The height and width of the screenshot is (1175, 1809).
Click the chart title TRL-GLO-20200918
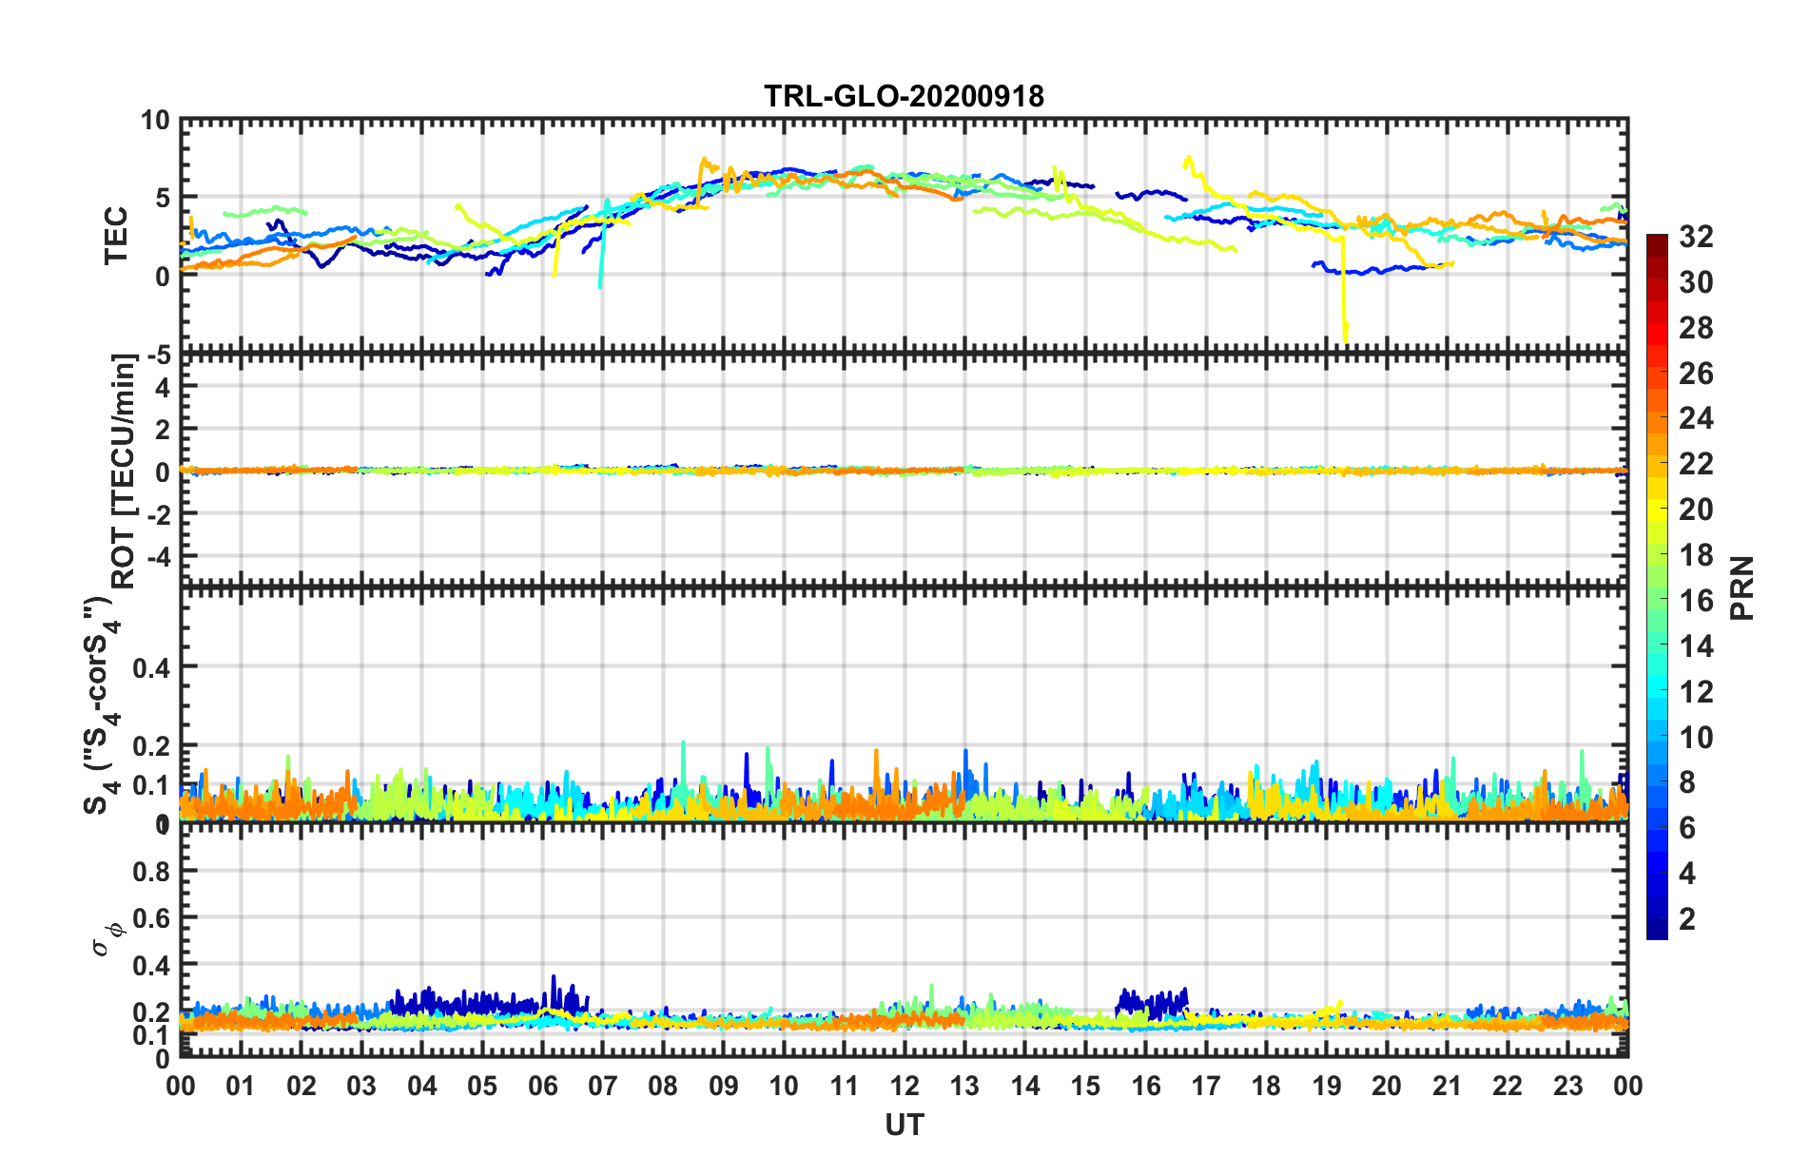tap(904, 96)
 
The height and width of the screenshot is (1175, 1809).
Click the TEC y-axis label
tap(116, 235)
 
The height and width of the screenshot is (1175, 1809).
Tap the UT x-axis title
tap(904, 1125)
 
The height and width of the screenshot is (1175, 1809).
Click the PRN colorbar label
tap(1741, 587)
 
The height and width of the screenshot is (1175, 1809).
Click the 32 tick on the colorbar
tap(1696, 237)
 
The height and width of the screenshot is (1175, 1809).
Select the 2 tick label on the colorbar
tap(1687, 919)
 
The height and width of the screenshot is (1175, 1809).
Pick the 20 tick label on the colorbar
tap(1696, 510)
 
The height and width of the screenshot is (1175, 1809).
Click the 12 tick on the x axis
tap(904, 1086)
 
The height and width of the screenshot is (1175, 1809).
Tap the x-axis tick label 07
tap(603, 1086)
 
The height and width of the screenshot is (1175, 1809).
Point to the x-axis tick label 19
tap(1327, 1086)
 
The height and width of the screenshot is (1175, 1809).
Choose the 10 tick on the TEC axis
tap(155, 121)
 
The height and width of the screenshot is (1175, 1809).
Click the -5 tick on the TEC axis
tap(156, 356)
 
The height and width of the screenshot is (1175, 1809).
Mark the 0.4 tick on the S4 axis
tap(150, 667)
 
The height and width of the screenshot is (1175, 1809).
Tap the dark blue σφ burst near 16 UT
tap(1152, 1002)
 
